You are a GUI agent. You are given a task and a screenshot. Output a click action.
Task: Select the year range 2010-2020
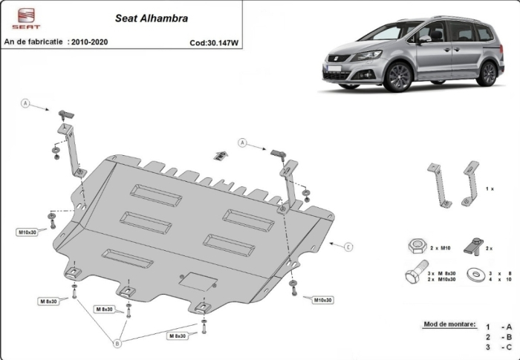[87, 42]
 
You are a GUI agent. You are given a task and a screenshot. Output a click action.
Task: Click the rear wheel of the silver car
[487, 72]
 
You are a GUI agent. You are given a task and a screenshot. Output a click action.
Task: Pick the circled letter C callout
[348, 246]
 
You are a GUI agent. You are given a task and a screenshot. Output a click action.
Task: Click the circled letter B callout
[116, 343]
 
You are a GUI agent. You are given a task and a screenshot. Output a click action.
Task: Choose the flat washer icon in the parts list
[472, 275]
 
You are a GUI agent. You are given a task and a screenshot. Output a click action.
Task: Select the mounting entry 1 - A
[499, 327]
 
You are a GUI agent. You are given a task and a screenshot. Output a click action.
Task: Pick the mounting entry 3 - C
[499, 347]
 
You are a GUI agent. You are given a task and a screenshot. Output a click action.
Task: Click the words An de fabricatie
[33, 42]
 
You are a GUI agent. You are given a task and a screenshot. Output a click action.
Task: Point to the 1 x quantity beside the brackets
[490, 189]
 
